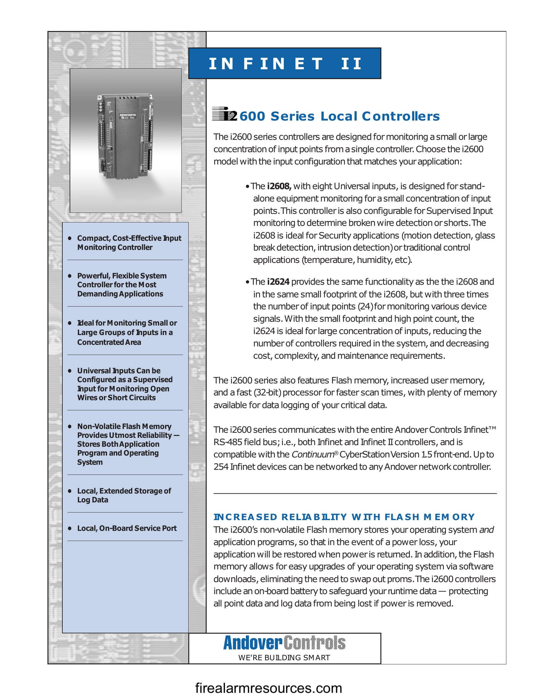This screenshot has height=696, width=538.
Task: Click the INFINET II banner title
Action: click(285, 63)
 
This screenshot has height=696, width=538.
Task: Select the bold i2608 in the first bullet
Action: click(279, 186)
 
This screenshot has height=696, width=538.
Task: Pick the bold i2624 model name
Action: click(278, 282)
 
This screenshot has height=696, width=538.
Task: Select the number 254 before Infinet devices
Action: click(221, 467)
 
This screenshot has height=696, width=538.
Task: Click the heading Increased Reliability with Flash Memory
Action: click(344, 517)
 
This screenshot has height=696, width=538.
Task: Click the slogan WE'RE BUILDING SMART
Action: click(284, 658)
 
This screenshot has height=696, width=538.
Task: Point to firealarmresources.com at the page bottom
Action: click(269, 688)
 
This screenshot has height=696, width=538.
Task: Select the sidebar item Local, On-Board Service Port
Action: click(127, 528)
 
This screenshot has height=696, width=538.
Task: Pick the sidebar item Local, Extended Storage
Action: click(124, 495)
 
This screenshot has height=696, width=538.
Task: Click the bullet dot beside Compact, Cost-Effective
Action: click(70, 238)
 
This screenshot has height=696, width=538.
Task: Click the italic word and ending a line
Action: click(486, 530)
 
